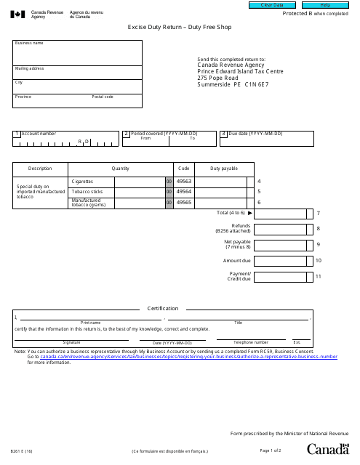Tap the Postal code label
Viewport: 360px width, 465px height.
point(103,97)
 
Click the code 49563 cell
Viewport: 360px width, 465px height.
point(184,181)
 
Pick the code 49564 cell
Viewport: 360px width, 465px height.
point(184,191)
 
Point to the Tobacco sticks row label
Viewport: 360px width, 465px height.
point(86,191)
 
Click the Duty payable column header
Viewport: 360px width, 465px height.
point(223,168)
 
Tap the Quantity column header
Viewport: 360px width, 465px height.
point(121,168)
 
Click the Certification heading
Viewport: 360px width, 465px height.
point(163,308)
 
